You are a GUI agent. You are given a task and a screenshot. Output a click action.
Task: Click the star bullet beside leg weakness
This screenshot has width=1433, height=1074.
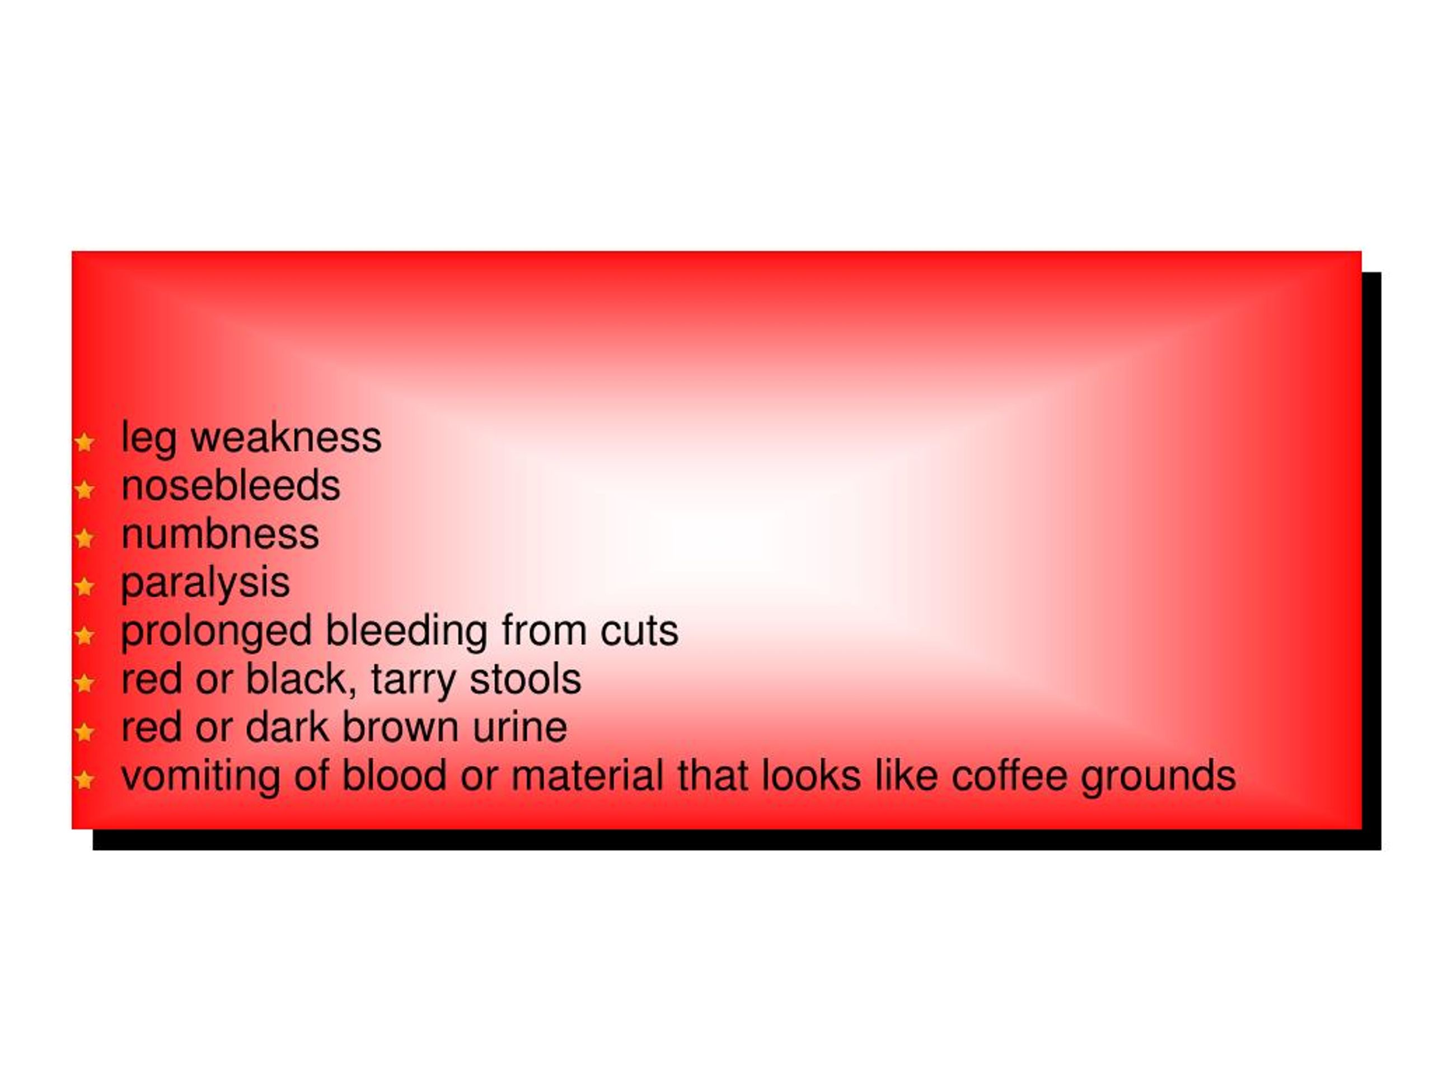(x=84, y=443)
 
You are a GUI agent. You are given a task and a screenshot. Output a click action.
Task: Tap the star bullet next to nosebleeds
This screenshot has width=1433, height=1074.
(x=84, y=490)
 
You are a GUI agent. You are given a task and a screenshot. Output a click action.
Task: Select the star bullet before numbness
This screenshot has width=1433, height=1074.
(x=84, y=538)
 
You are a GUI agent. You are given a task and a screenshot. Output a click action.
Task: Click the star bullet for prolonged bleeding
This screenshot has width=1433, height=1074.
(x=84, y=635)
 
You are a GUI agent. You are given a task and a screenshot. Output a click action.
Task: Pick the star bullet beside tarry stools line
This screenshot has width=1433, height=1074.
(x=84, y=683)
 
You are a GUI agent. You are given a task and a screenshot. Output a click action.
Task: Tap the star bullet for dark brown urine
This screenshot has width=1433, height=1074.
(x=84, y=732)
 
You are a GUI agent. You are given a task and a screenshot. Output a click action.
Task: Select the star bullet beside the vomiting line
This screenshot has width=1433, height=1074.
(x=84, y=780)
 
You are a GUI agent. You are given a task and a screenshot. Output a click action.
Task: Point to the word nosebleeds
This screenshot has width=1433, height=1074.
(x=231, y=486)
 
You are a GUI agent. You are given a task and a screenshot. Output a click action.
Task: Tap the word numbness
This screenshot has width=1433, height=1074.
(x=220, y=534)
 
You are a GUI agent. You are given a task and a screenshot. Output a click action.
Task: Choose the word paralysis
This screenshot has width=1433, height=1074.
(x=205, y=583)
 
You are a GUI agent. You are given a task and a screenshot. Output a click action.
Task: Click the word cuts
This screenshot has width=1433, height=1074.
(x=639, y=631)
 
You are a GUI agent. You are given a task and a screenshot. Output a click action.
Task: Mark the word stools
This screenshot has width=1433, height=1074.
(x=526, y=679)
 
